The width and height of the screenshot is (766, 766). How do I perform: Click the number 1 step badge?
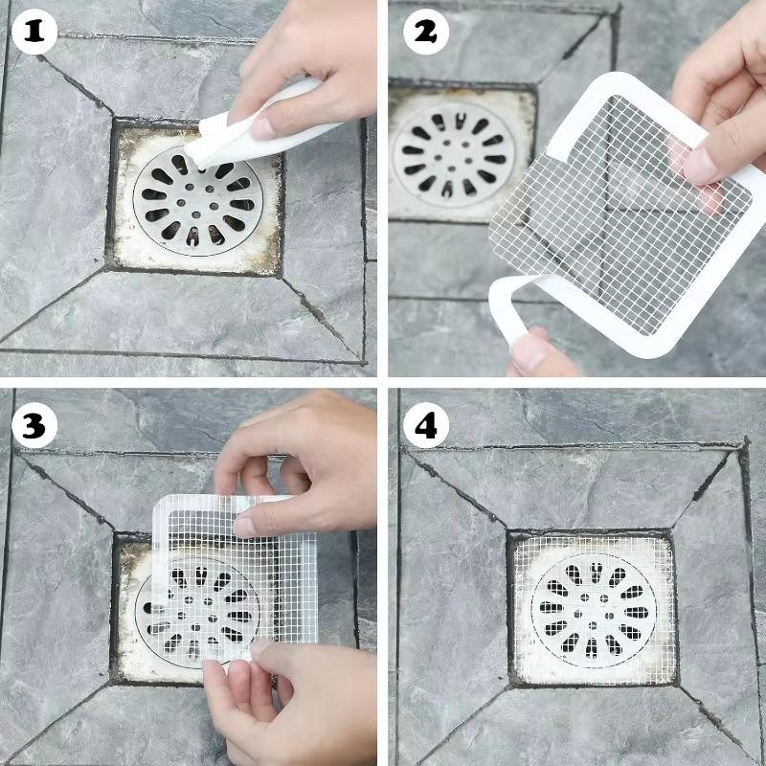coord(34,34)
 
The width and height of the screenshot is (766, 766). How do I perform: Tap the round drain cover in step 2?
coord(451,151)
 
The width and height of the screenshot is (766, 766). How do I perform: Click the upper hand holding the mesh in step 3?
coord(287,460)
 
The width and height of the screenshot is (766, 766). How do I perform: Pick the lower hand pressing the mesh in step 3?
coord(287,699)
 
